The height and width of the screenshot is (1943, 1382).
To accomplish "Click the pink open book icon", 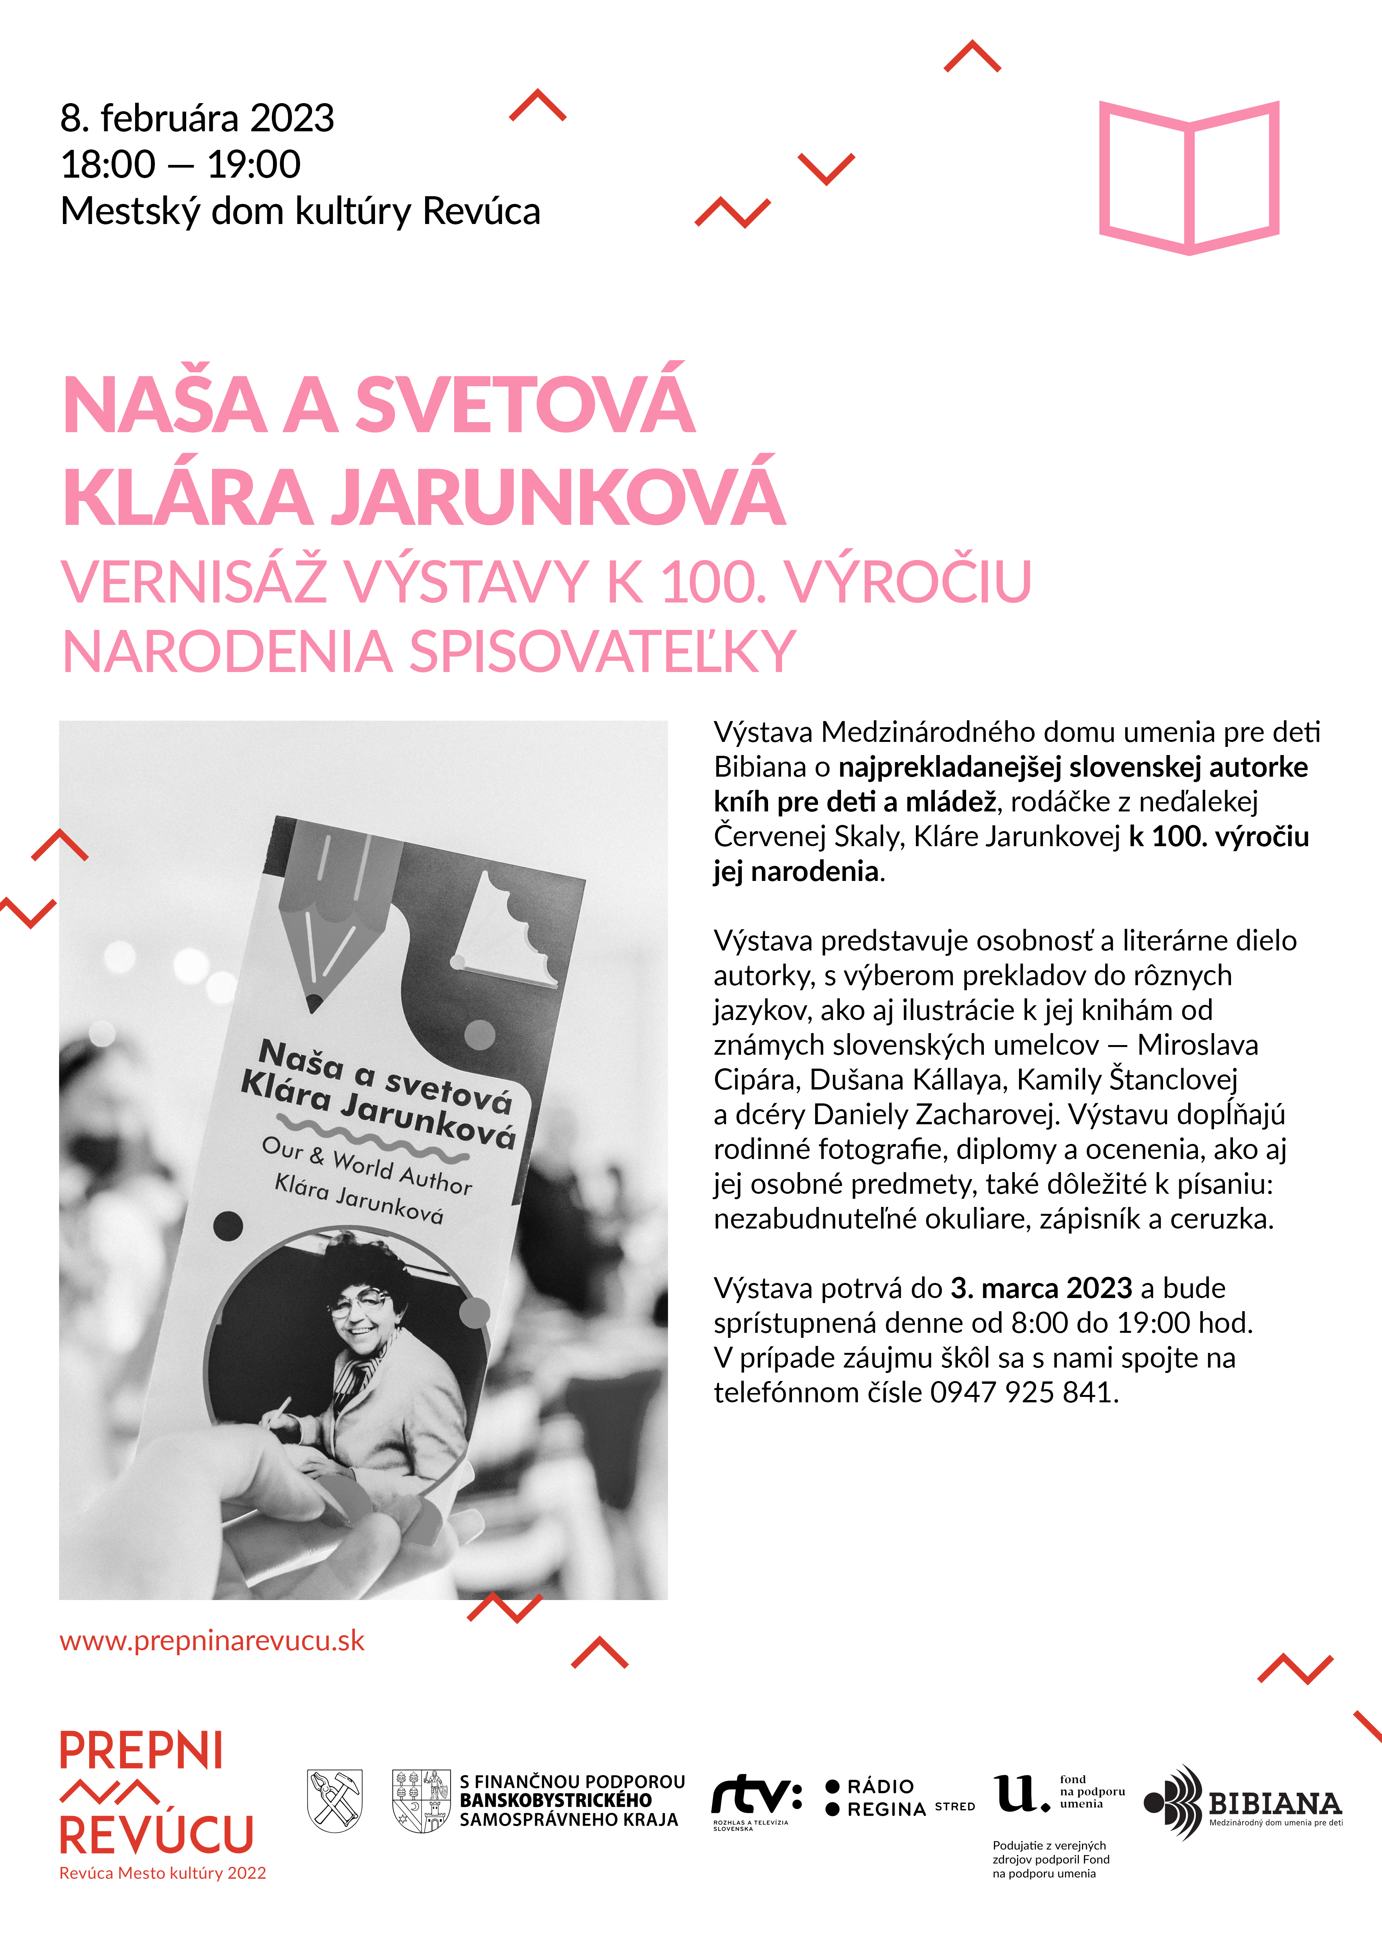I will coord(1189,177).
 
